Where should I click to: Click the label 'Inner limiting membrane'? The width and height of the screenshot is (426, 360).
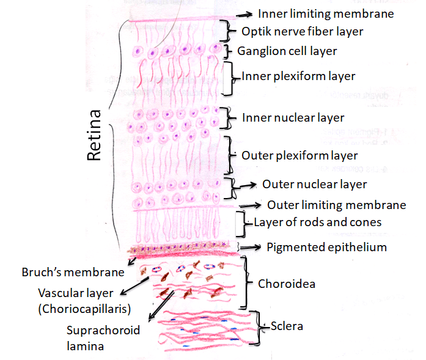coord(326,13)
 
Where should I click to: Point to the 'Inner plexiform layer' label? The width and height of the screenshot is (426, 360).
coord(299,76)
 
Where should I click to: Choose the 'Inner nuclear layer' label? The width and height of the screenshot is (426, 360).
coord(293,117)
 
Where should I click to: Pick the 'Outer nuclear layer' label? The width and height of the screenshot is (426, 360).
coord(314,184)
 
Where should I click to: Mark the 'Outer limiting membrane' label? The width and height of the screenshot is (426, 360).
coord(337,205)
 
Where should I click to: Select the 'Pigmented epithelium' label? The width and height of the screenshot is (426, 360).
coord(327,247)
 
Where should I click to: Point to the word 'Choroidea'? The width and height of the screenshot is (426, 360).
coord(287,284)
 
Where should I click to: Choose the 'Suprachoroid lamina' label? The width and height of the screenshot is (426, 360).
coord(103,337)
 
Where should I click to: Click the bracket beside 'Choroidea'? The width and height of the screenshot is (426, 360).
coord(246,282)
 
